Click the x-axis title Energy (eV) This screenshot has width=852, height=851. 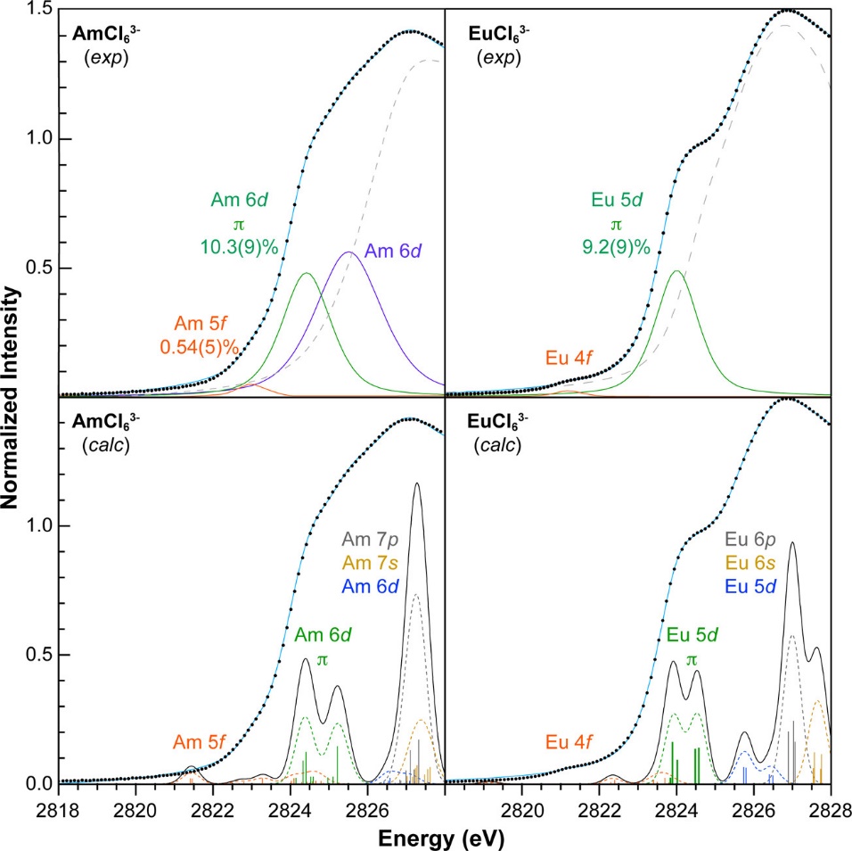[444, 839]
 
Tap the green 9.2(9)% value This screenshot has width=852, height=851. [615, 242]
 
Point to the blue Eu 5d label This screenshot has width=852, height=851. [758, 585]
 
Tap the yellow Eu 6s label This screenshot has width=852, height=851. [758, 562]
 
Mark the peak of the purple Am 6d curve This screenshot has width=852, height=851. [348, 252]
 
